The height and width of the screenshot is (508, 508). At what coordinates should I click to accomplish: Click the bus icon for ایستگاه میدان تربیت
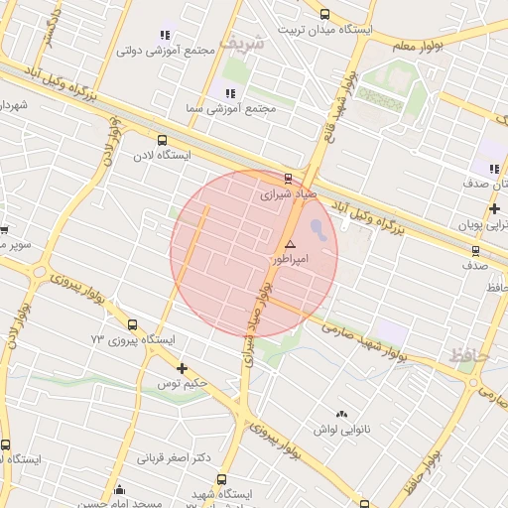[325, 14]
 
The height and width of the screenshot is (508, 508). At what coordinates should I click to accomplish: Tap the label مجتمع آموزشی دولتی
[160, 50]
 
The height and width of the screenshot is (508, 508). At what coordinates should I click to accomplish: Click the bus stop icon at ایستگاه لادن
[162, 140]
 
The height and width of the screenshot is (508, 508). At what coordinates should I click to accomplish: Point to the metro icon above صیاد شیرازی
[288, 179]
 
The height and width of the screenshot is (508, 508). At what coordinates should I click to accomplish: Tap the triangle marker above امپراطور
[290, 244]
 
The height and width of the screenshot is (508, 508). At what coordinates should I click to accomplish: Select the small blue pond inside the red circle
[317, 230]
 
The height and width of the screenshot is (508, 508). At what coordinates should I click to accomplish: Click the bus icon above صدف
[475, 251]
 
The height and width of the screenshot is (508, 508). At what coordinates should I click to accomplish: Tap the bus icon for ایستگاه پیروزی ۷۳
[133, 324]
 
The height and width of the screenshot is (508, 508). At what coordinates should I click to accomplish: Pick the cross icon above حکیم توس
[182, 369]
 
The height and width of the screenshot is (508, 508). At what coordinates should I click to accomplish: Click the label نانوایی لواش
[341, 429]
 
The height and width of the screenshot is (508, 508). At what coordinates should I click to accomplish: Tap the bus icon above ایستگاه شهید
[221, 479]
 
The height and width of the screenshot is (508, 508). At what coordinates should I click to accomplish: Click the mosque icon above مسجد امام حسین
[120, 489]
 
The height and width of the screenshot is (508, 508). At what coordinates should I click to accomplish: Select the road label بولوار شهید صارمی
[365, 342]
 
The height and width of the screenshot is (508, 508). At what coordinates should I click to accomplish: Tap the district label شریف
[243, 45]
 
